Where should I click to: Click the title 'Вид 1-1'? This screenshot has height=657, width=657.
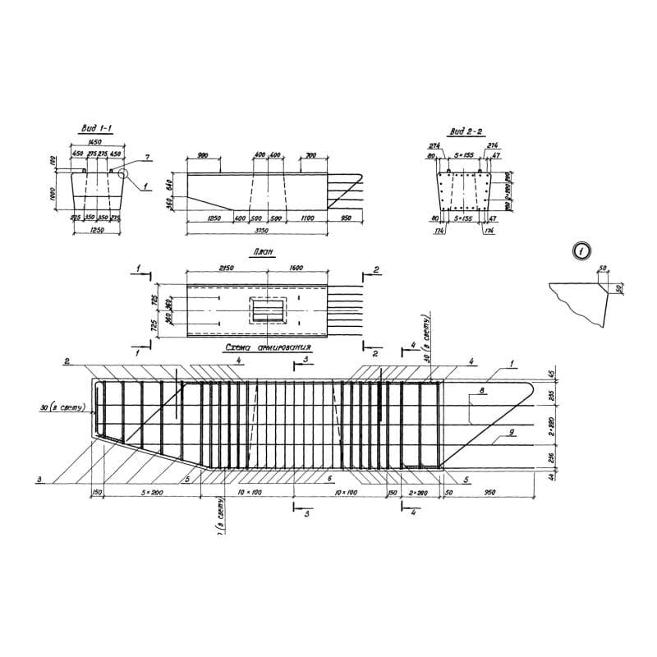97,129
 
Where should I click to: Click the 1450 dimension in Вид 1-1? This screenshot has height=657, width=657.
96,141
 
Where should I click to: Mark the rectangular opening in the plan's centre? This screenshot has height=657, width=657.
268,310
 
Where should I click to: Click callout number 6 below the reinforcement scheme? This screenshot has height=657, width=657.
329,478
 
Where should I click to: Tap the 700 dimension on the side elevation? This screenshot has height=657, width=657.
310,154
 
